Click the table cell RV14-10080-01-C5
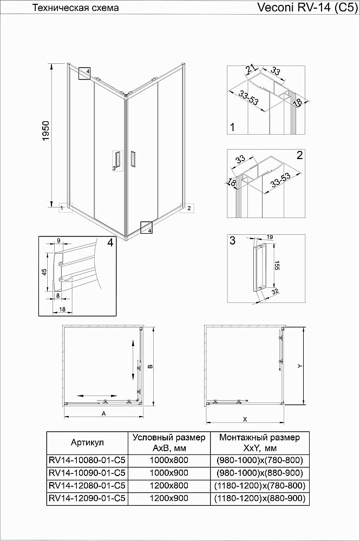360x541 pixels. tap(87, 460)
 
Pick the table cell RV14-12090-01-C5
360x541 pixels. tap(87, 498)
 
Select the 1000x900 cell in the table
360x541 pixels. tap(168, 473)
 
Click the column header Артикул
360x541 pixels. tap(87, 442)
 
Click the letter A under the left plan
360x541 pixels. tap(103, 413)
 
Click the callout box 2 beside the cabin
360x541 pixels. tap(187, 208)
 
